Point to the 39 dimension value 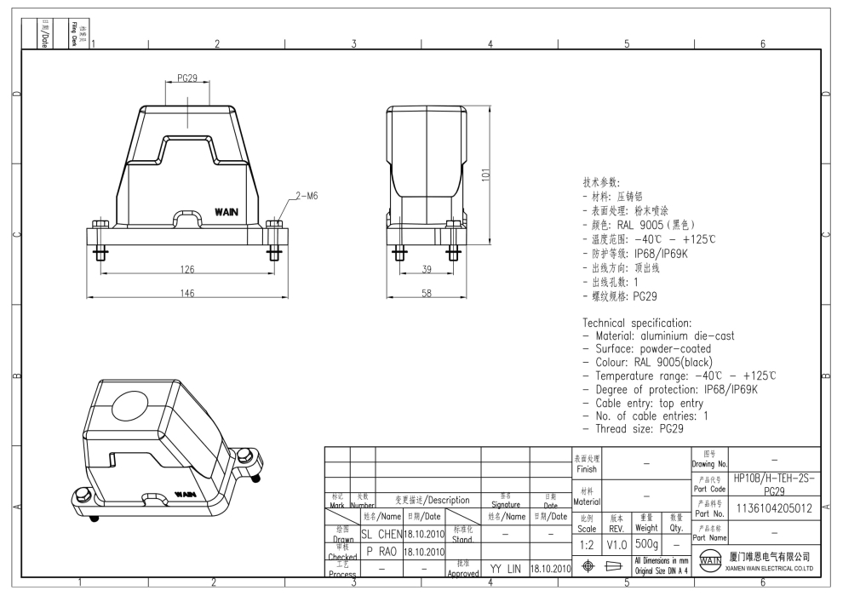[426, 270]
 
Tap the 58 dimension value [426, 294]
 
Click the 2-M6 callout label [306, 196]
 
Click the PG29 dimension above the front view [187, 78]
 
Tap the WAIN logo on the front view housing [227, 210]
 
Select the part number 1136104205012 [772, 507]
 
